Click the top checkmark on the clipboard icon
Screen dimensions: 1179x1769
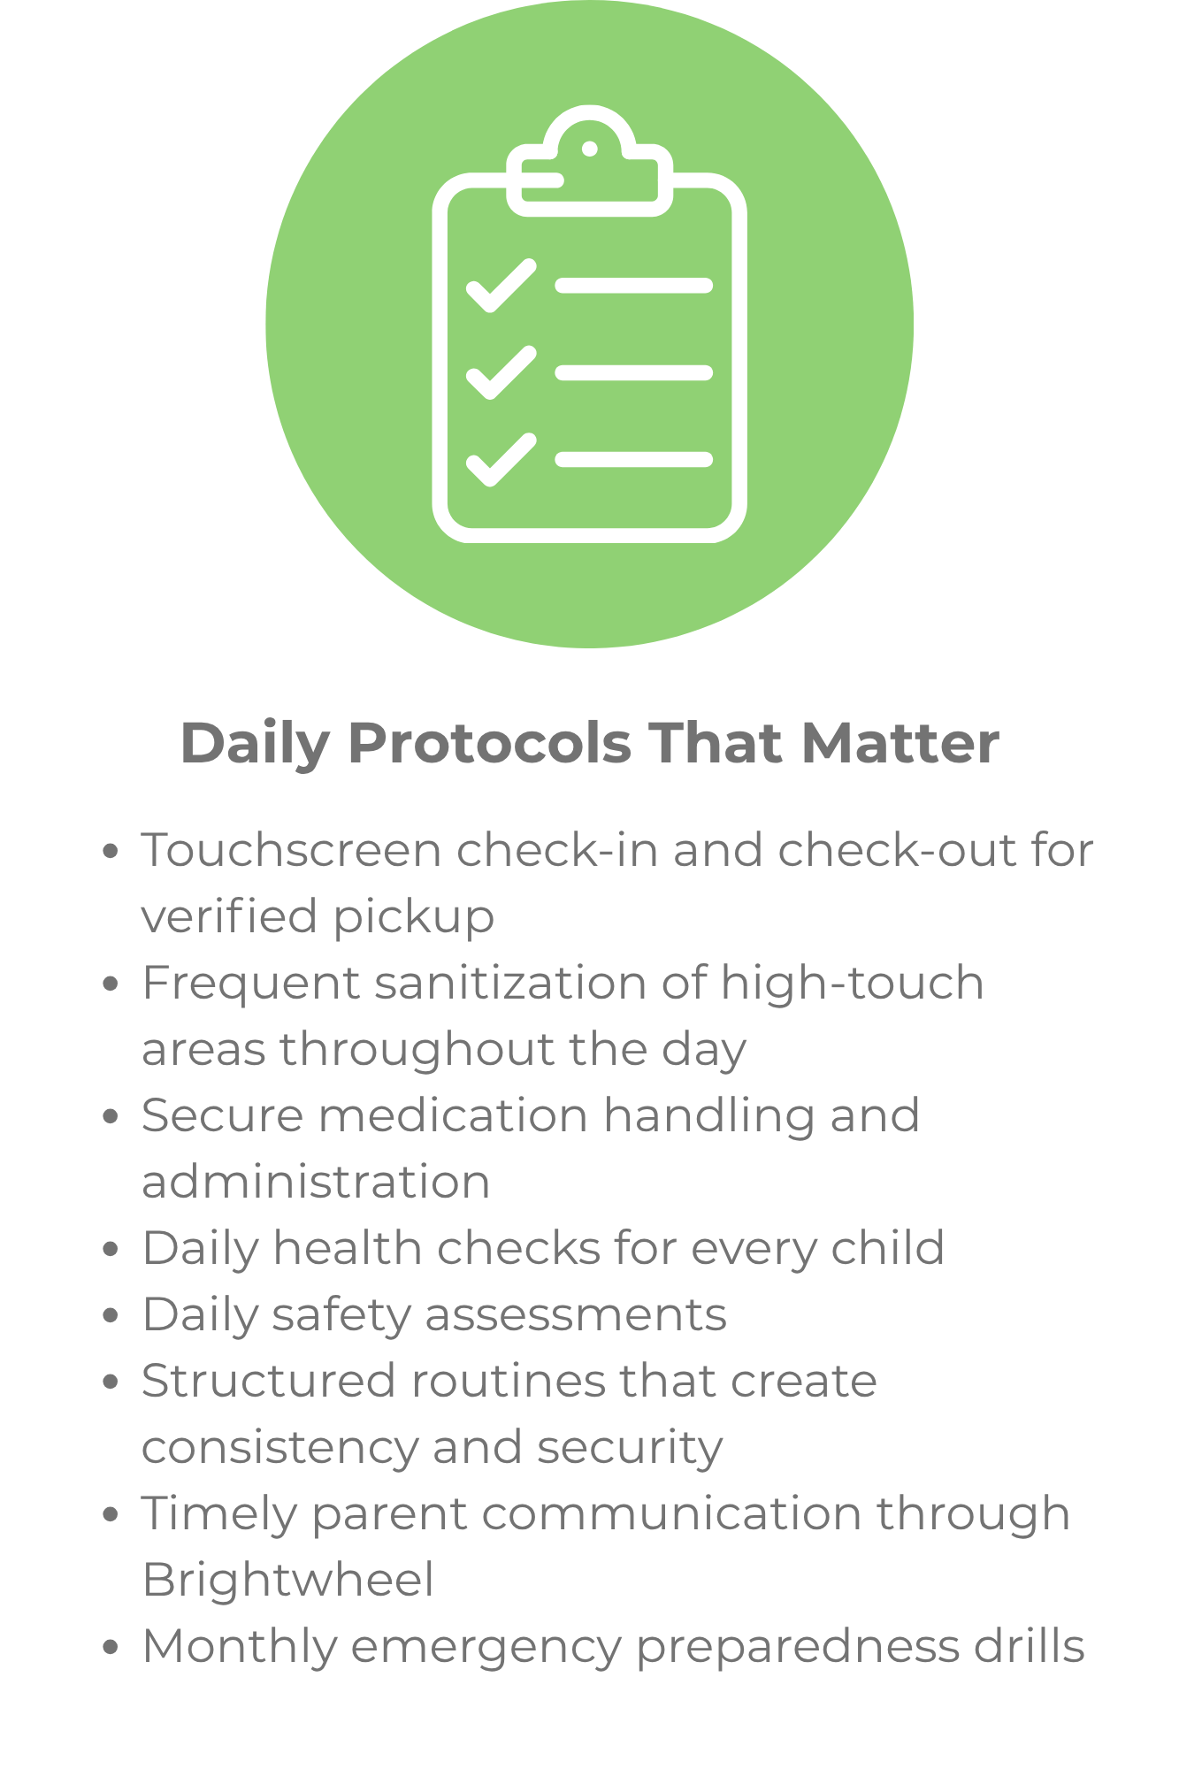(501, 287)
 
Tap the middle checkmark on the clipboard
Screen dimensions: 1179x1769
(501, 373)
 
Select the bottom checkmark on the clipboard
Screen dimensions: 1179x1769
(501, 460)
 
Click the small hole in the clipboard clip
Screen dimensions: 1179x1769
(590, 149)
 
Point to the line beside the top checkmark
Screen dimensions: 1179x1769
(634, 286)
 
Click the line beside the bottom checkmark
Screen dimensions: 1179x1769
(634, 459)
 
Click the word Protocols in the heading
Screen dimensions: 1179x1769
(490, 743)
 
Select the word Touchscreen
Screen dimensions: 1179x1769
(292, 850)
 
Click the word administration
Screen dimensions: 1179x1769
(317, 1183)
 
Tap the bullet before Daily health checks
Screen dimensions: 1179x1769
(111, 1250)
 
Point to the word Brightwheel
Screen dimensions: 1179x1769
(288, 1581)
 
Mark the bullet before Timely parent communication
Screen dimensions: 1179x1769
(111, 1515)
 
